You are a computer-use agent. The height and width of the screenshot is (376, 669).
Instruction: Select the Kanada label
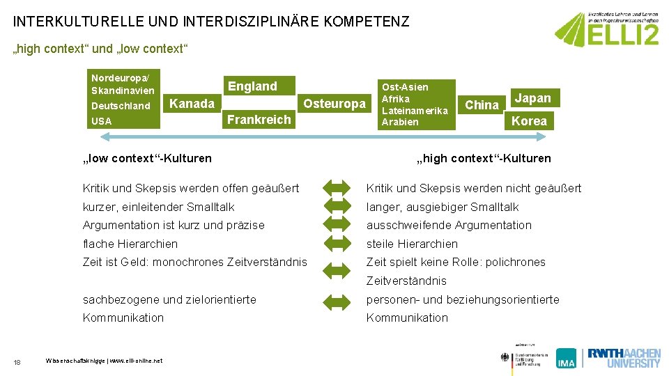[x=192, y=104]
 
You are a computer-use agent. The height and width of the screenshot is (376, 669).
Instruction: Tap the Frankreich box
[x=259, y=119]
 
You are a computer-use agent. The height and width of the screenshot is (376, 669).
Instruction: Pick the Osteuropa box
[x=334, y=104]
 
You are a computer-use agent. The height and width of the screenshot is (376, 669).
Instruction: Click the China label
[x=482, y=105]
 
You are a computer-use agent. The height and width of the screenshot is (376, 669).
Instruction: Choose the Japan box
[x=532, y=98]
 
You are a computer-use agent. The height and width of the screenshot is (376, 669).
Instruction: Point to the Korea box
[x=530, y=121]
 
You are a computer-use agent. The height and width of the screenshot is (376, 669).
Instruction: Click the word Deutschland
[x=121, y=106]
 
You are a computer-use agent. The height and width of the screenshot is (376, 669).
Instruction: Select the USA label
[x=101, y=121]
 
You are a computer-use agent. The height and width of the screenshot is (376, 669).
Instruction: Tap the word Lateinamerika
[x=415, y=111]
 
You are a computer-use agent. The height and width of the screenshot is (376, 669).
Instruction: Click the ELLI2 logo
[x=607, y=30]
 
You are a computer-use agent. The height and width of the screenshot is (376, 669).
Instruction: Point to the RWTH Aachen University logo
[x=623, y=357]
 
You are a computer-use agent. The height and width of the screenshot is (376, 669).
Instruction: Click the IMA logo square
[x=566, y=358]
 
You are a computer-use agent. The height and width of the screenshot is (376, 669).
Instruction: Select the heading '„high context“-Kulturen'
[x=484, y=158]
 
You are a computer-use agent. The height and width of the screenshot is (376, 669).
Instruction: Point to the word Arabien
[x=400, y=122]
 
